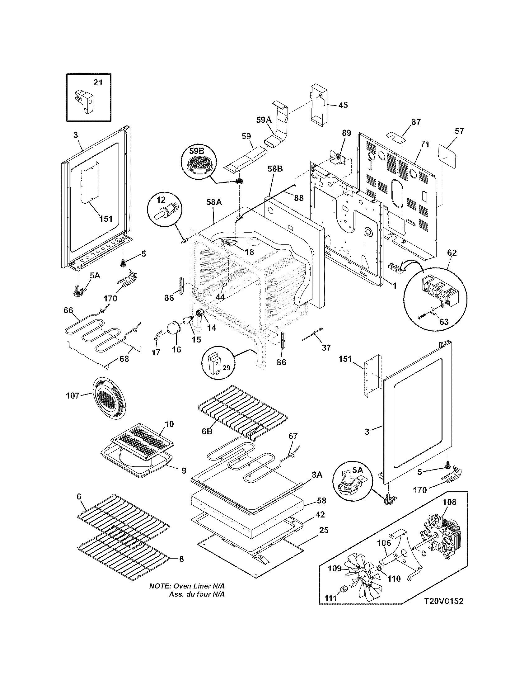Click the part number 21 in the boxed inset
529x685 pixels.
point(98,83)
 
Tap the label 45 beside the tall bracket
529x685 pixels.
point(343,105)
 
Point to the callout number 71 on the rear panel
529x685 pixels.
point(425,145)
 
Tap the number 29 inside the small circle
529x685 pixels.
point(226,368)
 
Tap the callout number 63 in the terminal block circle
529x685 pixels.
point(443,322)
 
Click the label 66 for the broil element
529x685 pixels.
point(68,310)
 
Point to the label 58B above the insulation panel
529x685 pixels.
point(275,169)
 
